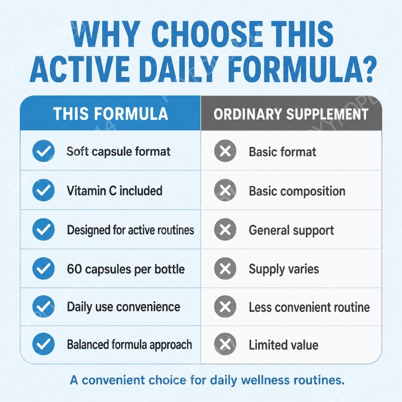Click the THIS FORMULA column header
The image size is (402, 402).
click(111, 114)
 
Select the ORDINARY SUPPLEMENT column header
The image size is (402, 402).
click(291, 114)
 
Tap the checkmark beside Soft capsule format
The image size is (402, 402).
click(44, 151)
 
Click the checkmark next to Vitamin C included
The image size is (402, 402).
click(44, 190)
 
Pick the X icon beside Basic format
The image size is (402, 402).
click(225, 151)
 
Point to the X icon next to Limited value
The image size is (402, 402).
click(225, 344)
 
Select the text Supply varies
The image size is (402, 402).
click(284, 269)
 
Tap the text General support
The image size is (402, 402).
click(291, 230)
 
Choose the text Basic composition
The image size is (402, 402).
click(297, 191)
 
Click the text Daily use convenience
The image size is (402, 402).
click(124, 307)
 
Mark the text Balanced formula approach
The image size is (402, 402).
click(130, 345)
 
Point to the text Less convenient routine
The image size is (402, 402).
click(309, 307)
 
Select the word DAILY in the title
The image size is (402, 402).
click(177, 69)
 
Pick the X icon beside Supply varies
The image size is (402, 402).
click(225, 268)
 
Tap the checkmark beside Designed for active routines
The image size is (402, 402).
click(44, 229)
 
